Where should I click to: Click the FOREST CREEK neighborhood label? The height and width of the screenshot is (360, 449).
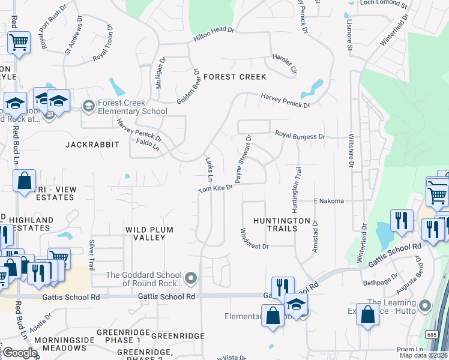234,77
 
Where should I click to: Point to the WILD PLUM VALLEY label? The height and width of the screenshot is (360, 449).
145,233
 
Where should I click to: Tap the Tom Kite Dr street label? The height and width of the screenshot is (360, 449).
215,189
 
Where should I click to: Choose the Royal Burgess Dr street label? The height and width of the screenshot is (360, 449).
300,136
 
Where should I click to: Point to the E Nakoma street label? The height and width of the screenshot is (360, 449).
329,201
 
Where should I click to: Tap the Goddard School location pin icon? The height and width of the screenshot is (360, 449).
191,277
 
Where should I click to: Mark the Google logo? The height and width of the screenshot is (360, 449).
20,353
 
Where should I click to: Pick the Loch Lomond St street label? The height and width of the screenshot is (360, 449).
383,3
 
